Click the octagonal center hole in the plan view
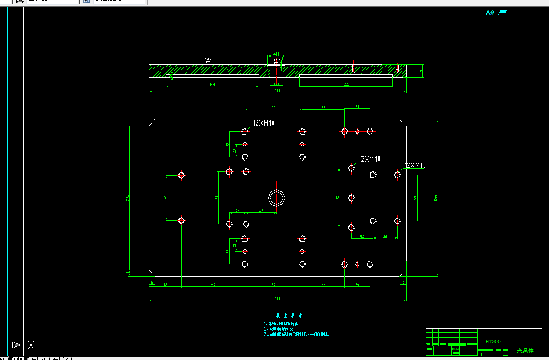(x=277, y=197)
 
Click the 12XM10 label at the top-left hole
(x=263, y=123)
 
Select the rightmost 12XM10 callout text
(x=414, y=166)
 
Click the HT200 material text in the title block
(x=493, y=342)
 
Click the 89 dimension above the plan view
(x=273, y=108)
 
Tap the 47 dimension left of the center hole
(x=261, y=211)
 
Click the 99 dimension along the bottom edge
(x=213, y=285)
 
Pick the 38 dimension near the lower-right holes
(x=385, y=237)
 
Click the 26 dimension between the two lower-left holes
(x=237, y=211)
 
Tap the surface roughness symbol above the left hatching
(x=208, y=60)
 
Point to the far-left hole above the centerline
(x=181, y=175)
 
